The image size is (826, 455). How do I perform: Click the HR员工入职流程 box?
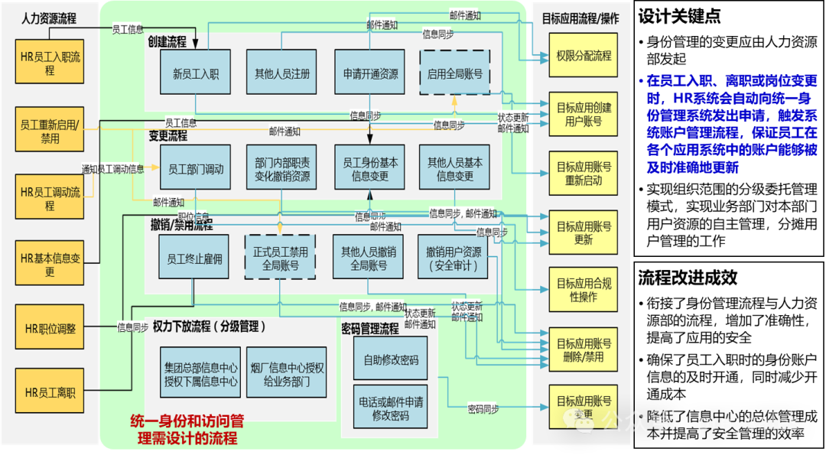[x=50, y=63]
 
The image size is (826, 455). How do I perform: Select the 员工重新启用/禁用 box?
[x=50, y=132]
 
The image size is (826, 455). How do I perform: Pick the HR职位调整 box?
[x=50, y=328]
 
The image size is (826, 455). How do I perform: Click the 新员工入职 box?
[x=196, y=74]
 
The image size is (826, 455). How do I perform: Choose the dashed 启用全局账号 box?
[x=454, y=74]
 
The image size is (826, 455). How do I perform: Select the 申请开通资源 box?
[x=370, y=74]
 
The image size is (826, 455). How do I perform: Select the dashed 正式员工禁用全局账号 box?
[x=280, y=259]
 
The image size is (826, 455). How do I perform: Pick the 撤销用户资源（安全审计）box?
[x=454, y=259]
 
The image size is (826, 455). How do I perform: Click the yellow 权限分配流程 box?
[x=584, y=56]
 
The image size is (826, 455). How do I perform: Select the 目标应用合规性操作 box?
[x=584, y=290]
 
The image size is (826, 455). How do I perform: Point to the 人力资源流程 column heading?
[x=50, y=18]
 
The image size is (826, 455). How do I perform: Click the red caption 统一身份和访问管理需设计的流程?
[x=187, y=430]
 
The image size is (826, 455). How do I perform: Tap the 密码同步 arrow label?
[x=483, y=409]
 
